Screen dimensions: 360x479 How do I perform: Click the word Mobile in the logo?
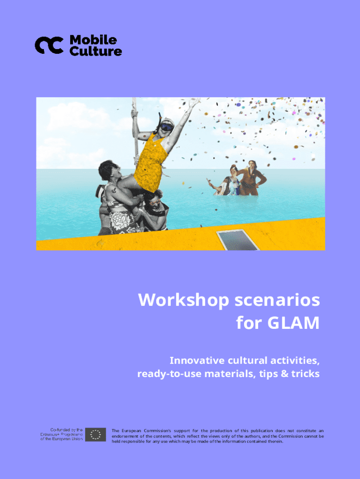(93, 40)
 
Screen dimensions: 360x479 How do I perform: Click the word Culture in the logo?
(95, 51)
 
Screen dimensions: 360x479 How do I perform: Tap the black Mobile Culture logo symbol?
(49, 45)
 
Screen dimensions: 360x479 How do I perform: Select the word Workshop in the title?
(184, 300)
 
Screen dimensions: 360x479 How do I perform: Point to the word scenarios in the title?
(277, 300)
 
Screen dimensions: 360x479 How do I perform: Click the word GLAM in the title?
(294, 323)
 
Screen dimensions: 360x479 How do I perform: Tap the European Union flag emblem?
(95, 435)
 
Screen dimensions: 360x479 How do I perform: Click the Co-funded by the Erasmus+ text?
(61, 434)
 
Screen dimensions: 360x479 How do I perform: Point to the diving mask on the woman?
(166, 126)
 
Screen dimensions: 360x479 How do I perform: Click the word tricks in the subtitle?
(305, 374)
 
